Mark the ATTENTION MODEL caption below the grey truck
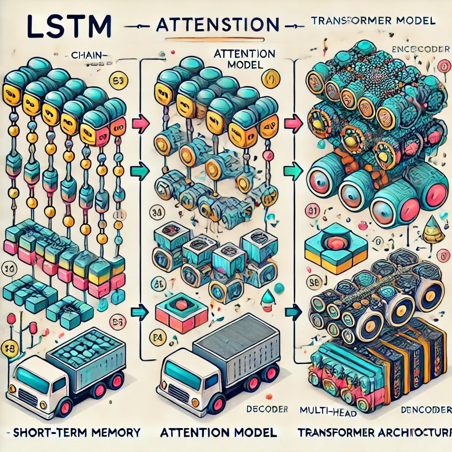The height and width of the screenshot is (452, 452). point(218,432)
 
